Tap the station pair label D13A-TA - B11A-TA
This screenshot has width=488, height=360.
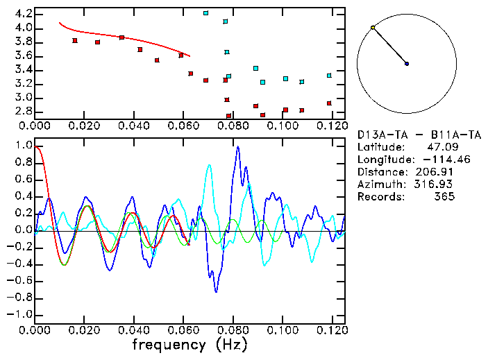(x=419, y=135)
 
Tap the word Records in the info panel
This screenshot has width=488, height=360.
(x=380, y=197)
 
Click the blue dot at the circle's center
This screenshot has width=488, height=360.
(x=407, y=64)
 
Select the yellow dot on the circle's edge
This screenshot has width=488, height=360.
(x=373, y=28)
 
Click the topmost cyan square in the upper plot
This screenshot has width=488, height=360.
(x=205, y=13)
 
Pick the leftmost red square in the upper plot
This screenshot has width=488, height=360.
(x=75, y=40)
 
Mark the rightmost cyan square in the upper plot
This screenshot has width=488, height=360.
(x=329, y=75)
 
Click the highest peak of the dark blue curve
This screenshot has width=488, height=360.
(x=237, y=146)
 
